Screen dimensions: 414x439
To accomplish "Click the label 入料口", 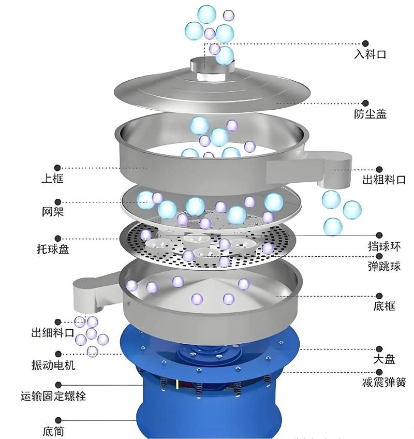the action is coord(370,54).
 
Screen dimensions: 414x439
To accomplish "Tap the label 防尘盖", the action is coord(370,114).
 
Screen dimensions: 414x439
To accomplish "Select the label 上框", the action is coord(53,178).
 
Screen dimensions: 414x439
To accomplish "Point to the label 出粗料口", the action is coord(384,180).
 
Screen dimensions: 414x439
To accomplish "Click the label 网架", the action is coord(53,212).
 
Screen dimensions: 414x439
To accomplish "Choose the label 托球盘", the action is coord(53,249).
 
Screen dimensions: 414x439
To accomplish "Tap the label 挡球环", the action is coord(384,246).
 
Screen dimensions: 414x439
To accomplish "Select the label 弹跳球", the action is coord(384,266).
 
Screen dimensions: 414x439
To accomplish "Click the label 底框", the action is coord(384,306).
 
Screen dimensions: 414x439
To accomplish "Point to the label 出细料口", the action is coord(53,332).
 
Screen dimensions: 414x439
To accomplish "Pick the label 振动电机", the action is coord(53,365).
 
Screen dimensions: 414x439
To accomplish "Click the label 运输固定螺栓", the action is coord(53,396).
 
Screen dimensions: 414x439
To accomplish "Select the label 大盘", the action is coord(384,359).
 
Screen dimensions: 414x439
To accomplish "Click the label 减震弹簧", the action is coord(384,382).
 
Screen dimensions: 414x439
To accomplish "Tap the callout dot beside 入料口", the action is coord(365,43).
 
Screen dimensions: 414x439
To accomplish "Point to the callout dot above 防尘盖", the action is coord(365,103).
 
